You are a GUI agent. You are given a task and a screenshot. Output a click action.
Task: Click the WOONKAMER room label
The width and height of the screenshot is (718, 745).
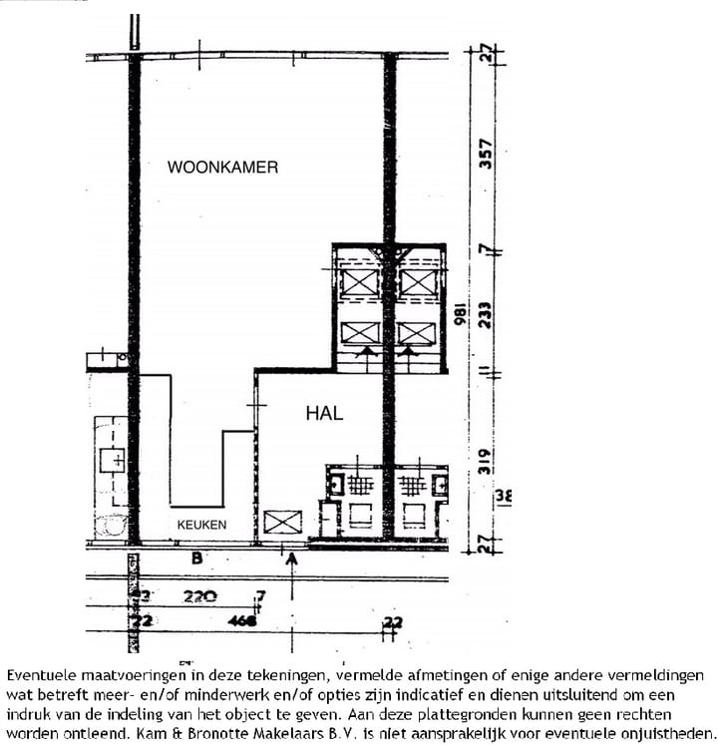tap(222, 168)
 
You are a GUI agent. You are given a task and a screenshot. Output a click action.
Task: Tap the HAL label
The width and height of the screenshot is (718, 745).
tap(324, 413)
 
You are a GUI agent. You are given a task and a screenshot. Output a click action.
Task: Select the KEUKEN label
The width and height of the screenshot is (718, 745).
tap(201, 525)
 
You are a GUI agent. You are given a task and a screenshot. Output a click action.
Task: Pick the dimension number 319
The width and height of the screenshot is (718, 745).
tap(486, 460)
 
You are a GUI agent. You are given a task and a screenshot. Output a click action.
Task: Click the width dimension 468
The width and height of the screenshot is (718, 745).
tap(240, 621)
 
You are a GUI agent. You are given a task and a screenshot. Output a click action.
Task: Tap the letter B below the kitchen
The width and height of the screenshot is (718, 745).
tap(196, 559)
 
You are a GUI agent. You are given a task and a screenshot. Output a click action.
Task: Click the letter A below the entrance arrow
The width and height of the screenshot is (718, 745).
tap(292, 560)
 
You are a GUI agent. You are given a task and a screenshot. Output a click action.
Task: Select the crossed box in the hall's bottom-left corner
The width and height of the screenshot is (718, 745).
tap(282, 522)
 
